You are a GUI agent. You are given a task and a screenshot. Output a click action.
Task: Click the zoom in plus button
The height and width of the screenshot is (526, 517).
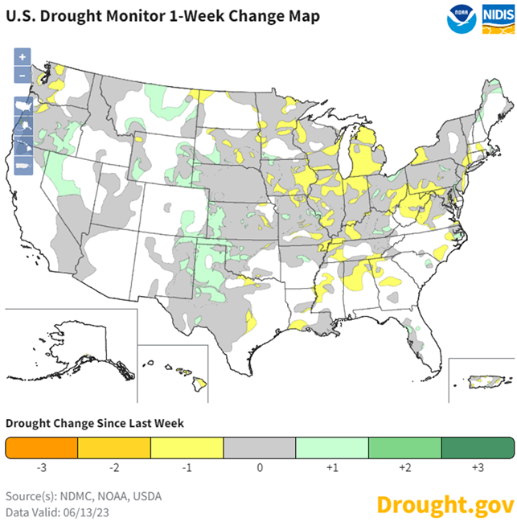point(23,57)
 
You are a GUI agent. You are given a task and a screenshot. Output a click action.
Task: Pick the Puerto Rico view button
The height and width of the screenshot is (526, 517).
point(23,166)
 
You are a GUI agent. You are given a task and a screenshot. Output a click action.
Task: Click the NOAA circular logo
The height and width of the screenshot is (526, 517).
point(461,18)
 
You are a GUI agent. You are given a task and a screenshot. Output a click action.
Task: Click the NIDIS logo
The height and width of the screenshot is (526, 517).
point(498,18)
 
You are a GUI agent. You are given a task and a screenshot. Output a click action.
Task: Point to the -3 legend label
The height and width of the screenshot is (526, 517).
point(41,466)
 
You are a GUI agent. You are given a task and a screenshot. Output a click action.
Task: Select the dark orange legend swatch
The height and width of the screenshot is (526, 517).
point(41,447)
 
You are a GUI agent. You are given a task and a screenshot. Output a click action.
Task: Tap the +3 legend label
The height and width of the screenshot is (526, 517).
point(477,466)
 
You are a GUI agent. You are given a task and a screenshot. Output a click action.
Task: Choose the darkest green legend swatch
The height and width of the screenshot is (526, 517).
point(477,447)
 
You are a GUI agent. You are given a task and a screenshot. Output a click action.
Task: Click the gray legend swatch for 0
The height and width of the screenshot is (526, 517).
point(259,447)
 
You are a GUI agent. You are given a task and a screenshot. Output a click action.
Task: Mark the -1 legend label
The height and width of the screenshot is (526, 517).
point(187,466)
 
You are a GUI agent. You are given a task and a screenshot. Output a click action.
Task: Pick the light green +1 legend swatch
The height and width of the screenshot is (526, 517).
point(332,447)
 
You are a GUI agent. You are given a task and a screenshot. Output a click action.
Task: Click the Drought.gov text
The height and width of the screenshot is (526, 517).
point(445,504)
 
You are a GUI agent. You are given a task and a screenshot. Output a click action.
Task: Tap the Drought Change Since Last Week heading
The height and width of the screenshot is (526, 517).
point(95,423)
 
